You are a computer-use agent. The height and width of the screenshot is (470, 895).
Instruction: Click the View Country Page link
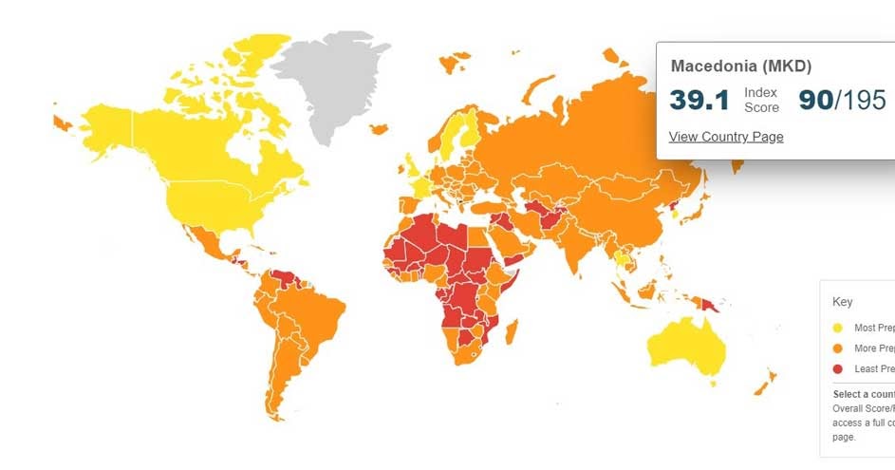(726, 137)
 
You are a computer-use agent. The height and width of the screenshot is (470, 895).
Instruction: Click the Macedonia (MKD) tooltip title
(740, 66)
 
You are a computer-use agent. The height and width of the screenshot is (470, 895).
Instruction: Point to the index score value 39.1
(699, 100)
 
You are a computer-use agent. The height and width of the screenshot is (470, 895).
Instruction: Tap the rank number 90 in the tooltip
(815, 100)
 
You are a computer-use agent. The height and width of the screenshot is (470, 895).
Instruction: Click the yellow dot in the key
(837, 328)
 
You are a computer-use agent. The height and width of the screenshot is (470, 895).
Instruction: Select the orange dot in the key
(837, 348)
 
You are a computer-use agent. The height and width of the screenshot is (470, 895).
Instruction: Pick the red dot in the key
(837, 368)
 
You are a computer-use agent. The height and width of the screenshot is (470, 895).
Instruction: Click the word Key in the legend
(843, 302)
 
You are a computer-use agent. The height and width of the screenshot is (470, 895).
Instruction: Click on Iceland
(379, 128)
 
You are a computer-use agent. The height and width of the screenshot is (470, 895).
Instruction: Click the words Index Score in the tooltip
(761, 100)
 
